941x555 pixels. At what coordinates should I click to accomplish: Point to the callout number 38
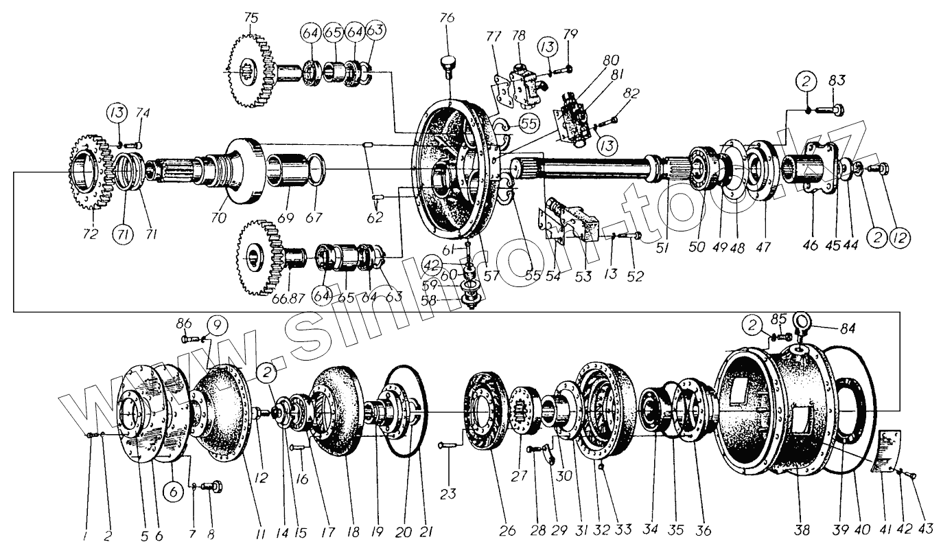(x=802, y=531)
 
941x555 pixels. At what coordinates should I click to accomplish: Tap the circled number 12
(x=900, y=238)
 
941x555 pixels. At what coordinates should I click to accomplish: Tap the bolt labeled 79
(x=567, y=69)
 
